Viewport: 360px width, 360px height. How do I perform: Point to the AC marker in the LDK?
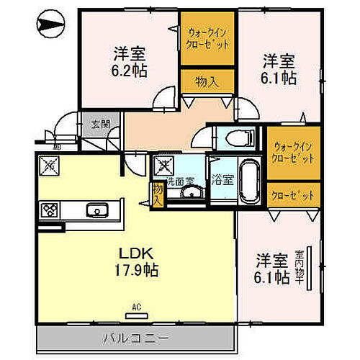click(x=136, y=310)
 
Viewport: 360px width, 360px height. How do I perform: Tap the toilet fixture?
click(x=235, y=137)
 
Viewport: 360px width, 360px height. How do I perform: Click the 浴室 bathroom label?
click(x=221, y=180)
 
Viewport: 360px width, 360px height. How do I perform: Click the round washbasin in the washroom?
click(x=191, y=193)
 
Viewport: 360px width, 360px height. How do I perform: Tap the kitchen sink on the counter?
click(x=96, y=210)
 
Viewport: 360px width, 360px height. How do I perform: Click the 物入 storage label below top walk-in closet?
click(x=207, y=81)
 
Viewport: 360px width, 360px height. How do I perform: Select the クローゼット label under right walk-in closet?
click(x=294, y=194)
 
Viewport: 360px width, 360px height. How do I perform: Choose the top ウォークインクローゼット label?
click(x=208, y=37)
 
